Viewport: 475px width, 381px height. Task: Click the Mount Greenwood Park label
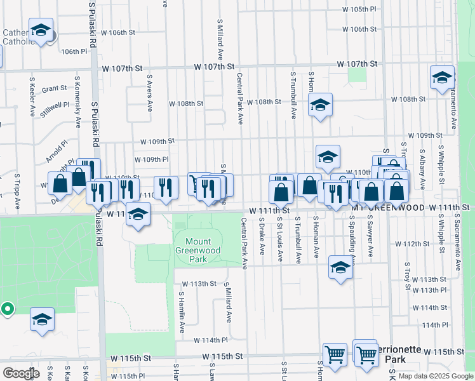[x=198, y=250]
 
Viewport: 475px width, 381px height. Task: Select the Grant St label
[x=55, y=89]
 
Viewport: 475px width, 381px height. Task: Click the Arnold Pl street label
[x=56, y=152]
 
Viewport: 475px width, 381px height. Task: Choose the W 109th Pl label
[x=152, y=159]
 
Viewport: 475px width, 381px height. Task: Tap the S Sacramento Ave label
[x=457, y=241]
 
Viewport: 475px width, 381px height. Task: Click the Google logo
[x=21, y=373]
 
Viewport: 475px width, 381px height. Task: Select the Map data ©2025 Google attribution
[x=435, y=376]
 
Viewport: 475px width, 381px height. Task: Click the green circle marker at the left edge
[x=7, y=310]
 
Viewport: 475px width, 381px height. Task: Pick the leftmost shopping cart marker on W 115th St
[x=334, y=353]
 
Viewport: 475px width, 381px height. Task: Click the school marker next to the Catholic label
[x=41, y=30]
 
